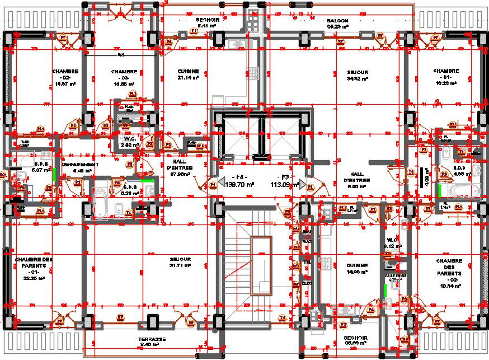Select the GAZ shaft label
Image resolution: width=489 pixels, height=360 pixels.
point(307,241)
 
